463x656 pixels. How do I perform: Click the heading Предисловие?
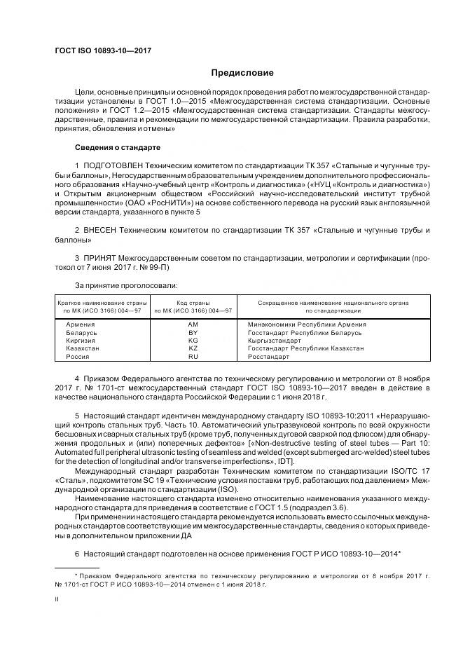coord(242,73)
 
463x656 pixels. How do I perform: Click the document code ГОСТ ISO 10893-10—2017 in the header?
coord(102,50)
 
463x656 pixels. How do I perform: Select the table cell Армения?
coord(80,324)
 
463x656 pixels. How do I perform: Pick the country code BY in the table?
coord(193,332)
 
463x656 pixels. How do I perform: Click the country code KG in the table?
coord(193,340)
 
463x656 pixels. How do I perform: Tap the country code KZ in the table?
coord(193,348)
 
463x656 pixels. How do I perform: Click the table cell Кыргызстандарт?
coord(274,340)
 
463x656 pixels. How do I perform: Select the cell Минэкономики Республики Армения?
coord(306,324)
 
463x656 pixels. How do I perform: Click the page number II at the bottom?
coord(57,599)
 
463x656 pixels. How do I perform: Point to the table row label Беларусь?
coord(81,332)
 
